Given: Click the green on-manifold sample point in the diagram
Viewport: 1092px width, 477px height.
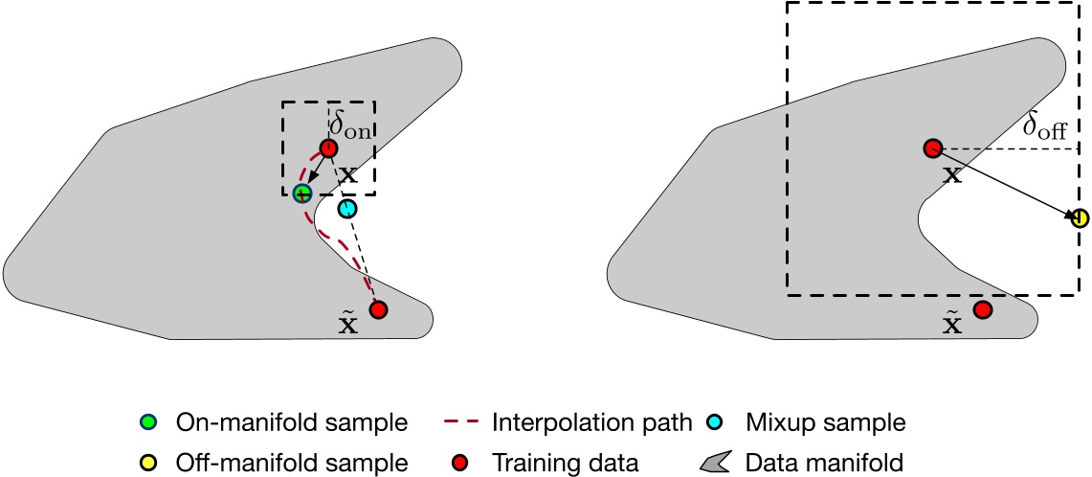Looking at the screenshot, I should tap(302, 193).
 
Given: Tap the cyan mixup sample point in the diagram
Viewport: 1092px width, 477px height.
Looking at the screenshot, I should tap(347, 208).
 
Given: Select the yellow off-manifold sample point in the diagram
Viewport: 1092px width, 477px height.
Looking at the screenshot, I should tap(1080, 218).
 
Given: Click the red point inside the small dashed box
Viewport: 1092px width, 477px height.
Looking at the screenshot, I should tap(327, 148).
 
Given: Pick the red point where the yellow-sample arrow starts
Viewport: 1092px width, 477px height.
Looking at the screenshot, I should tap(932, 148).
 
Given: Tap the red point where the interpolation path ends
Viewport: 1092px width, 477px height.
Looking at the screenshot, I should tap(378, 309).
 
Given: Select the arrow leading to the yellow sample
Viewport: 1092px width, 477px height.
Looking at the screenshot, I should tap(1005, 183).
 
